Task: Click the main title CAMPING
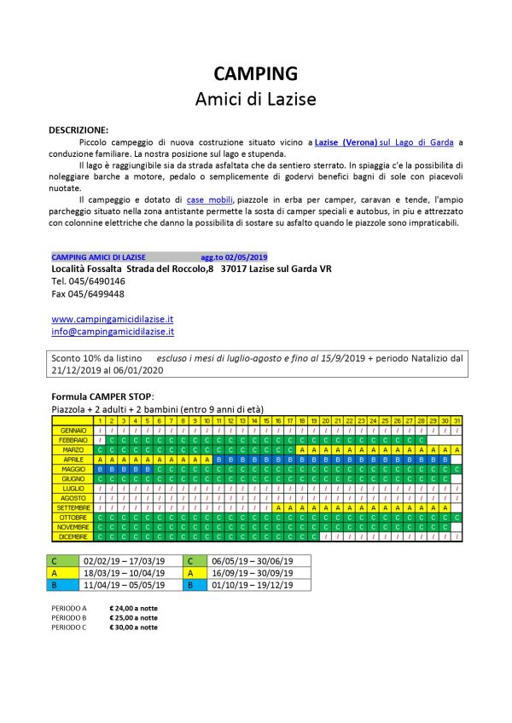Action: click(256, 73)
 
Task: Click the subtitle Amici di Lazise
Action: click(256, 99)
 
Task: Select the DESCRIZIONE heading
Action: click(79, 130)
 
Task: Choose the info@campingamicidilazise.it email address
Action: click(113, 331)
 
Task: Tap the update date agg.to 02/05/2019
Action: click(234, 257)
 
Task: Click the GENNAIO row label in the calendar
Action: click(73, 430)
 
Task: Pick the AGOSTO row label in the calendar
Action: click(73, 497)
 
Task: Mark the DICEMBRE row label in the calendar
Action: click(73, 536)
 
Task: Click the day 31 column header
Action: click(457, 420)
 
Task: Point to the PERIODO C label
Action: click(69, 628)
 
